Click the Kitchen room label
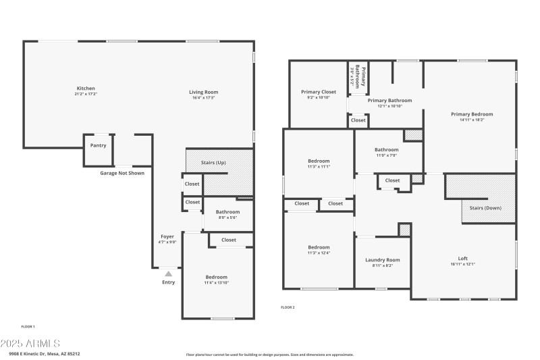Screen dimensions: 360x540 click(86, 88)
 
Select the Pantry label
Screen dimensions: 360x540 click(99, 145)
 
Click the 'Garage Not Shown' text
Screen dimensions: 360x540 click(122, 173)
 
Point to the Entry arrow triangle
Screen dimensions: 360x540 click(168, 274)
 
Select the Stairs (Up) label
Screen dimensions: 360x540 click(213, 163)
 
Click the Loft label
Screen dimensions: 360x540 click(462, 258)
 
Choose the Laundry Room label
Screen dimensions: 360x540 click(383, 260)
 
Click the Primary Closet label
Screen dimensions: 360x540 click(318, 92)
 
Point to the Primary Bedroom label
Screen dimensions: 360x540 click(472, 114)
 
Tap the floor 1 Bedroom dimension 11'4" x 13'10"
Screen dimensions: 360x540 click(217, 283)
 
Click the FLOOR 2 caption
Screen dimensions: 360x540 click(288, 307)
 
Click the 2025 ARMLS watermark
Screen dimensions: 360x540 click(30, 344)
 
